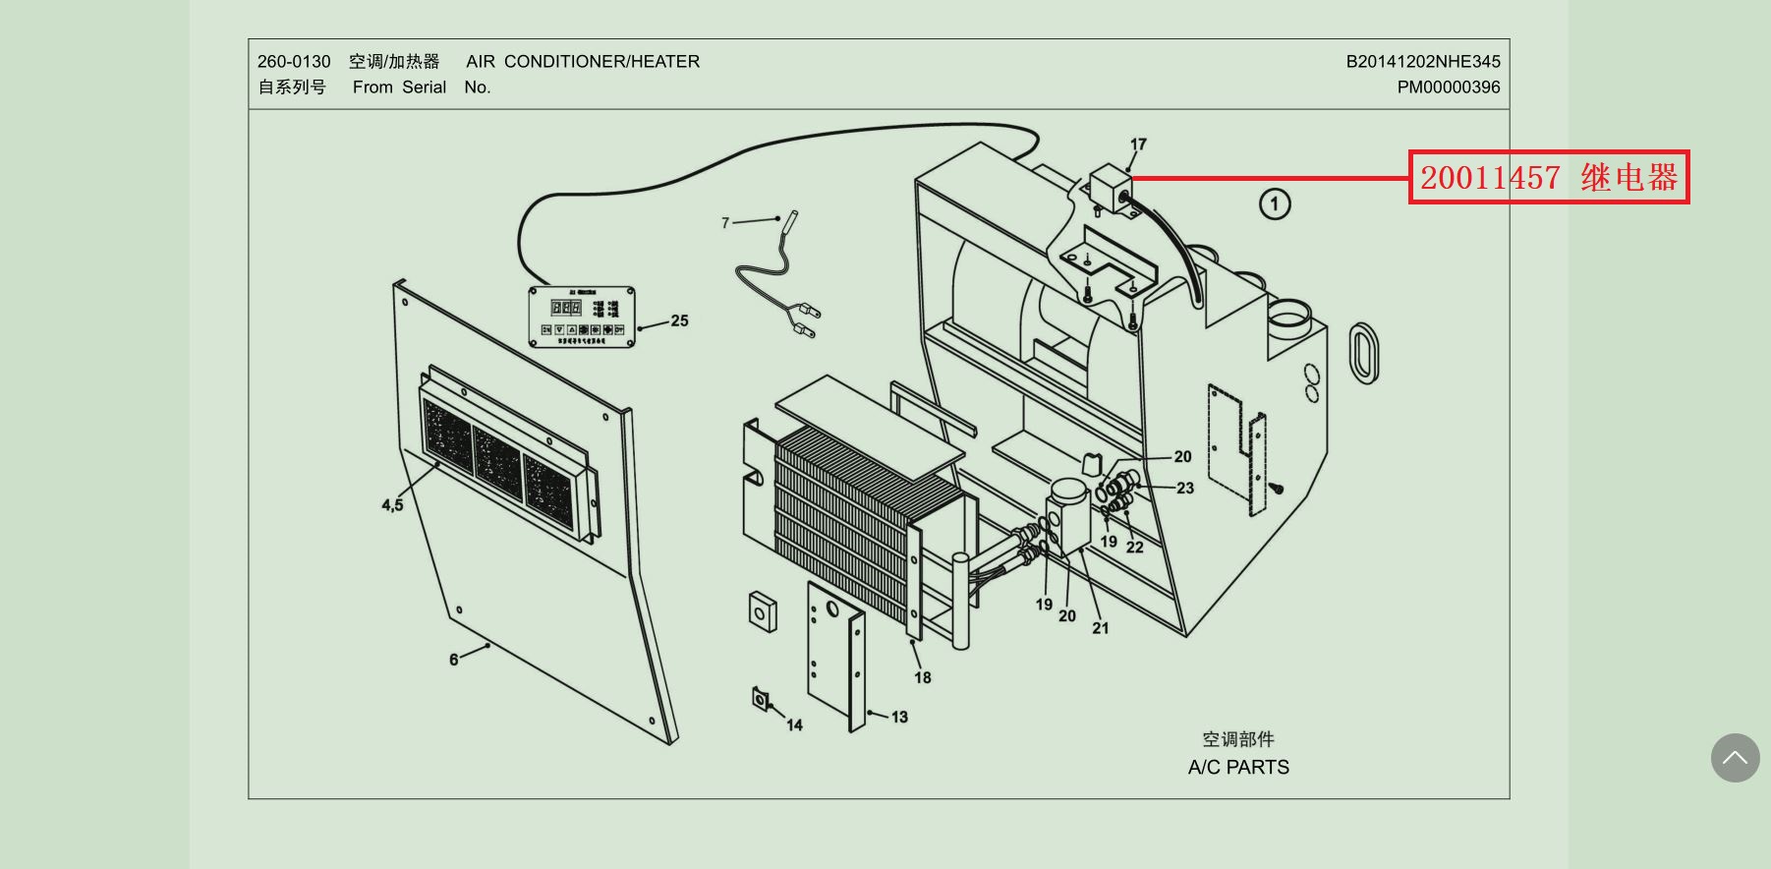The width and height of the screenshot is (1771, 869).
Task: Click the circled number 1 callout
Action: click(1275, 204)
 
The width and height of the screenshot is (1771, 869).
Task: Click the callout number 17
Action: click(1138, 145)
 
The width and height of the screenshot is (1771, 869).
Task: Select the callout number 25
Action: click(679, 320)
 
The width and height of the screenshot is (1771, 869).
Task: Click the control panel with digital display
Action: click(582, 318)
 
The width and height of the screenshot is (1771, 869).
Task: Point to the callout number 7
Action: click(725, 223)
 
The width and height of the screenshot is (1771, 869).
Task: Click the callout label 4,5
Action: click(392, 505)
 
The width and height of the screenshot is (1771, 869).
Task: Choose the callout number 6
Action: click(453, 660)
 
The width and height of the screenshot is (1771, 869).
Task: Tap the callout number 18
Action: click(922, 677)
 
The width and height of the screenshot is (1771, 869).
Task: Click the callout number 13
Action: click(899, 717)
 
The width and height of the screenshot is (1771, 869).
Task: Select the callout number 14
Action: click(794, 725)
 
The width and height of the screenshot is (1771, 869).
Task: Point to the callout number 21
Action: click(1100, 628)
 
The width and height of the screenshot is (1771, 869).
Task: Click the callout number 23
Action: click(1185, 488)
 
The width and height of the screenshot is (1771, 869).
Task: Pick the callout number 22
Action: click(1135, 548)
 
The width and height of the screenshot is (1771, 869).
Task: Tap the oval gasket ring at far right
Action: click(1364, 351)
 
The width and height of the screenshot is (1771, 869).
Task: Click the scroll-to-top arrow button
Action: click(1735, 758)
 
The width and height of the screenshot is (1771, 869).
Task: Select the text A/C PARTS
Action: click(1238, 768)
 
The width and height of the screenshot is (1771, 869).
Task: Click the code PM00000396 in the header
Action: click(1449, 87)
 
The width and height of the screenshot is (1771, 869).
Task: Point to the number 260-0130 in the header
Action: click(294, 62)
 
